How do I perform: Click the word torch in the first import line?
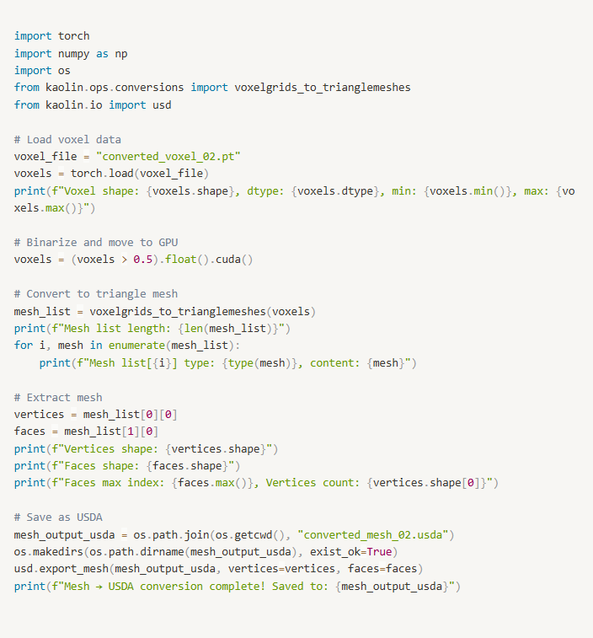pos(73,35)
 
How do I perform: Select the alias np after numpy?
pos(121,54)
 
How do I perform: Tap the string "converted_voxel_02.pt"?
pos(168,157)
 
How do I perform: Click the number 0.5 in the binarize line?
pos(142,260)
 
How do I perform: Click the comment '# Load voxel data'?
pos(67,140)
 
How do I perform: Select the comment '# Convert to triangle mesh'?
pos(96,294)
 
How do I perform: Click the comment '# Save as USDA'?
pos(58,517)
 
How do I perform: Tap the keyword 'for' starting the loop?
pos(24,346)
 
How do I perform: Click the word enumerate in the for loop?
pos(136,346)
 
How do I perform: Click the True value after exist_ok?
pos(379,552)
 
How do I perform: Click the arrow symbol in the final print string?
pos(99,587)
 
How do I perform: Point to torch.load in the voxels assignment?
pos(102,174)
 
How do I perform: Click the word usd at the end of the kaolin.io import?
pos(162,105)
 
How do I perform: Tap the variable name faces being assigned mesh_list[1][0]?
pos(29,432)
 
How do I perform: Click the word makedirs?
pos(58,552)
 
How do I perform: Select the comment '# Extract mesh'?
pos(58,397)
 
